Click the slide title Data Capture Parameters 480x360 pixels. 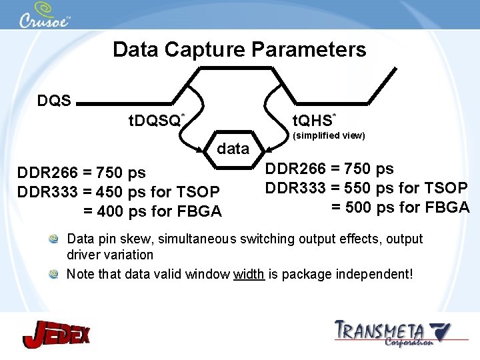(239, 49)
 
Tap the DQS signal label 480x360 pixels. (54, 101)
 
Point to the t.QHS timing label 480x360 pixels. (314, 120)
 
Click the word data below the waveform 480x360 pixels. (233, 149)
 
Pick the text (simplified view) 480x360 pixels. (329, 135)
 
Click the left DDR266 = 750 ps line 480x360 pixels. (81, 173)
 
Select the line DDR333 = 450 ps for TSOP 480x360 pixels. (119, 192)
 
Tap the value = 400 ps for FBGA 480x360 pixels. (152, 211)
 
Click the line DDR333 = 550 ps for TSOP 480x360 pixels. (367, 188)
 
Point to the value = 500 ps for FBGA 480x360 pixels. (400, 207)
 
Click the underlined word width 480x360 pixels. (249, 274)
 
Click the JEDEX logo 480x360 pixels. (57, 333)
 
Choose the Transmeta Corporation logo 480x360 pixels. (392, 333)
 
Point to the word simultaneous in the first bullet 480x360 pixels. (179, 239)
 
